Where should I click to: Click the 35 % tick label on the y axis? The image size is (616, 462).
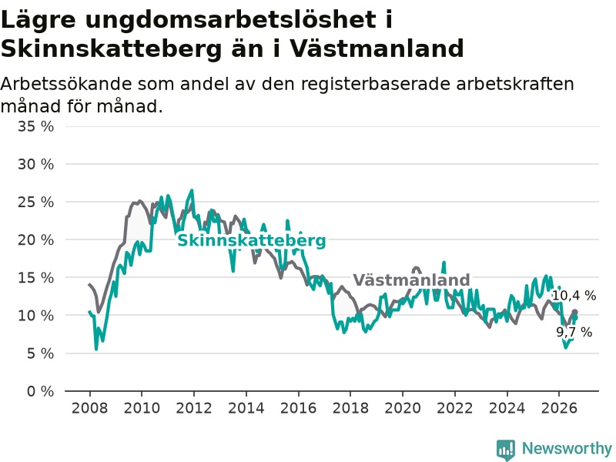pyautogui.click(x=35, y=126)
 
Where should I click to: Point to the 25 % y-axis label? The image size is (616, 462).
pyautogui.click(x=35, y=203)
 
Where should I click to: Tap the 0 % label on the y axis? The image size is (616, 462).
pyautogui.click(x=40, y=391)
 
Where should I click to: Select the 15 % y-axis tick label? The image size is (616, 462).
pyautogui.click(x=35, y=278)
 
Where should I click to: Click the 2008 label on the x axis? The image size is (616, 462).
pyautogui.click(x=89, y=408)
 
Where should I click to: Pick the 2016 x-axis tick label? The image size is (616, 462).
pyautogui.click(x=298, y=408)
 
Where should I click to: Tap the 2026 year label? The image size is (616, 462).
pyautogui.click(x=559, y=408)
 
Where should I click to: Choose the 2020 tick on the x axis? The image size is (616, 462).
pyautogui.click(x=403, y=408)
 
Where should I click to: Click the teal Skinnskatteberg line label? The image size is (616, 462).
pyautogui.click(x=252, y=240)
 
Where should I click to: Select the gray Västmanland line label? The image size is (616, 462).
pyautogui.click(x=411, y=280)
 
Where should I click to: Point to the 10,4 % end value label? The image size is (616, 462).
pyautogui.click(x=574, y=296)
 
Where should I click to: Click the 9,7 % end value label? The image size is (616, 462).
pyautogui.click(x=574, y=333)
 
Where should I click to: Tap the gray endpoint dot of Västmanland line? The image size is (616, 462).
pyautogui.click(x=574, y=312)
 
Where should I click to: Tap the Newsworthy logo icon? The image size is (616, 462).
pyautogui.click(x=506, y=450)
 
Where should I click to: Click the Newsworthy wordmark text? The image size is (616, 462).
pyautogui.click(x=567, y=448)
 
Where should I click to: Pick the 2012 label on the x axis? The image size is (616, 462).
pyautogui.click(x=194, y=408)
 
